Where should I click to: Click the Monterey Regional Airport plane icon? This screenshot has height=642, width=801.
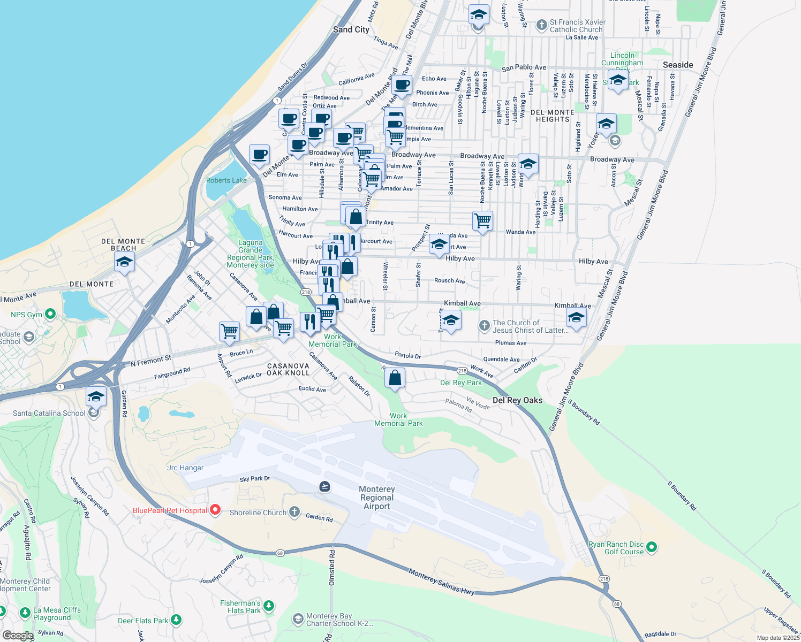pos(324,486)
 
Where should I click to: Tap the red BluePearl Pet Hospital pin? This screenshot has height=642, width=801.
pos(215,510)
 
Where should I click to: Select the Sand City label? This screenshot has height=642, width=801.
pos(351,29)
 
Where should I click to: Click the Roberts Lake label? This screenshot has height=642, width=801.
pos(226,180)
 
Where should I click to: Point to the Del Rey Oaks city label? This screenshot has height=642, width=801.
pos(517,400)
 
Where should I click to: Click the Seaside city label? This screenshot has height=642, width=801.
pos(678,65)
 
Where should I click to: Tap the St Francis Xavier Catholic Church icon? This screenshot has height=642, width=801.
pos(541,25)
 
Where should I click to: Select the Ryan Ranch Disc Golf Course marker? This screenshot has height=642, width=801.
pos(652,547)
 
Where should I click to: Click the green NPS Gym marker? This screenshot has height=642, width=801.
pos(50,314)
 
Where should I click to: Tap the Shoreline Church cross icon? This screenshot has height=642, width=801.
pos(294,512)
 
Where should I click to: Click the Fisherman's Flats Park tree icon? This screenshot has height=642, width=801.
pos(269,606)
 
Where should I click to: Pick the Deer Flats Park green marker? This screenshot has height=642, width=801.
pos(176,621)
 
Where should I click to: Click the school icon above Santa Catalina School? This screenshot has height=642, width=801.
pos(96,396)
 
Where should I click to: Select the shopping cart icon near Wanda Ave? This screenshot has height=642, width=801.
pos(482,220)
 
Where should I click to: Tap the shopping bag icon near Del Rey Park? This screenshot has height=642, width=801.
pos(395,378)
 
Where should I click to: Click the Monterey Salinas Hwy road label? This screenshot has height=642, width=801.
pos(441,582)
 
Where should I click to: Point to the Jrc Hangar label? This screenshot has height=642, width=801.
pos(185,468)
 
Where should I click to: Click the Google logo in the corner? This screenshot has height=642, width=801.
pos(18,636)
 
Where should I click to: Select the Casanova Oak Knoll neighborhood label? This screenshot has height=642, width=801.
pos(288,369)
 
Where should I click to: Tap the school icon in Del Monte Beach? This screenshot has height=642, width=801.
pos(124,262)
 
